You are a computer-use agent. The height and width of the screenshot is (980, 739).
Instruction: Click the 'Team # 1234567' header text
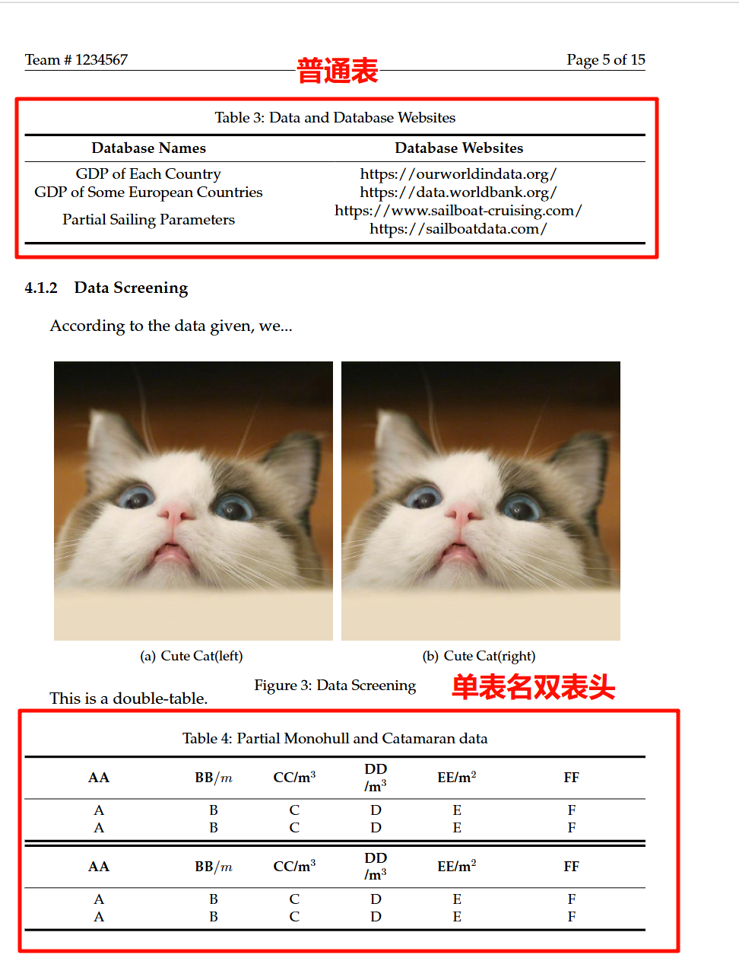pos(76,59)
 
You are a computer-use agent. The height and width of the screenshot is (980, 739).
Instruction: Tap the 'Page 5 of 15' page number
pos(605,59)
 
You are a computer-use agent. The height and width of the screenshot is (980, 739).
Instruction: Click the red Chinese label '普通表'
pos(337,71)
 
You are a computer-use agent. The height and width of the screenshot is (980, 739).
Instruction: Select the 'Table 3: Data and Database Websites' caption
pos(335,117)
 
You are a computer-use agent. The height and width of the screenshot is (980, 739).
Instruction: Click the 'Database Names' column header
pos(148,148)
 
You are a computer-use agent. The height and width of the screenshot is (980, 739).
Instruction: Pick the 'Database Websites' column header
pos(458,148)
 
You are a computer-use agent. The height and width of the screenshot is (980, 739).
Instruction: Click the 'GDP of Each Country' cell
pos(148,173)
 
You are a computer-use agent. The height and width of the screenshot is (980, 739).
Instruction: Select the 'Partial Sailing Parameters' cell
pos(148,219)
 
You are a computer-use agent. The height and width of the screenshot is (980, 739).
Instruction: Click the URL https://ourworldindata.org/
pos(458,173)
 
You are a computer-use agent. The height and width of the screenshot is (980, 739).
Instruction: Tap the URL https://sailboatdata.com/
pos(458,228)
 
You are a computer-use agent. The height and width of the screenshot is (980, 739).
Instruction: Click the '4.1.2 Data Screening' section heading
pos(106,288)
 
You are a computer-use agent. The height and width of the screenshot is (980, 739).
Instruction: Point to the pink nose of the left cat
pos(176,514)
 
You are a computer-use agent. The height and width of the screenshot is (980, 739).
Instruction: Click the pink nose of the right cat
pos(463,514)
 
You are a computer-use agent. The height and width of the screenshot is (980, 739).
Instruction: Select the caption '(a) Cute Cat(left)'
pos(192,656)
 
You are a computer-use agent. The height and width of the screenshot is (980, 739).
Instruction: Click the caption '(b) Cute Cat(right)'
pos(479,656)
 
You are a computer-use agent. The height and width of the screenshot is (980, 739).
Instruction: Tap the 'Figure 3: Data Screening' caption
pos(335,685)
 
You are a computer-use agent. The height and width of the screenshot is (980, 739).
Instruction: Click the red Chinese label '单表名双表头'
pos(533,686)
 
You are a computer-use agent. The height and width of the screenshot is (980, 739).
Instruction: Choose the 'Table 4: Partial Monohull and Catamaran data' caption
pos(335,738)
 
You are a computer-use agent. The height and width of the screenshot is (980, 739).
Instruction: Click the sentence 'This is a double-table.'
pos(128,698)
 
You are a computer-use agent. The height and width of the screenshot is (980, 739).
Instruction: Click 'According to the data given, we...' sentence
pos(171,326)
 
